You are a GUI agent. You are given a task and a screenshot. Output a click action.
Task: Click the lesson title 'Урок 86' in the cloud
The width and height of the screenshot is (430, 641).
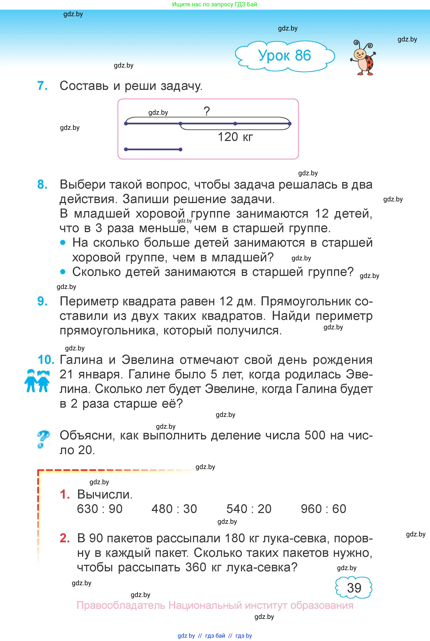click(284, 56)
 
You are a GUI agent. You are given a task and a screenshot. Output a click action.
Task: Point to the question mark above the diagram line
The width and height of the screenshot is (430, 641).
click(207, 111)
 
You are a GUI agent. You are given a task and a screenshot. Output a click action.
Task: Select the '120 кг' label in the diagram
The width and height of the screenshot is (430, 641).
click(235, 137)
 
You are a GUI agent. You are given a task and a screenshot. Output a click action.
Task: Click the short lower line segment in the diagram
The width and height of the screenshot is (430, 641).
click(153, 149)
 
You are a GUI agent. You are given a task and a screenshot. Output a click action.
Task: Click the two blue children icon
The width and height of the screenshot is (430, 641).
click(37, 381)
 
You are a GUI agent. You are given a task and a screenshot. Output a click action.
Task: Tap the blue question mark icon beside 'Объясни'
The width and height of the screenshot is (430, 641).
click(43, 439)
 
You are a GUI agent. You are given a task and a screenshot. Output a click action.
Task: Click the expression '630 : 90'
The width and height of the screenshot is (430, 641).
click(100, 509)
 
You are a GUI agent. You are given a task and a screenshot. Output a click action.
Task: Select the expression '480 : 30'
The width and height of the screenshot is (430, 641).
click(174, 509)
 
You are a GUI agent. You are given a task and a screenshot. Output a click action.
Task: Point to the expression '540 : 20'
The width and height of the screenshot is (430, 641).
click(249, 509)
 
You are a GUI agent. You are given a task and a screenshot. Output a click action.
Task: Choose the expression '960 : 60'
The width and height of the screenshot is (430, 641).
click(323, 509)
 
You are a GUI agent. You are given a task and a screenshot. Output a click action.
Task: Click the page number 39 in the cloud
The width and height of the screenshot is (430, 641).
click(354, 588)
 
